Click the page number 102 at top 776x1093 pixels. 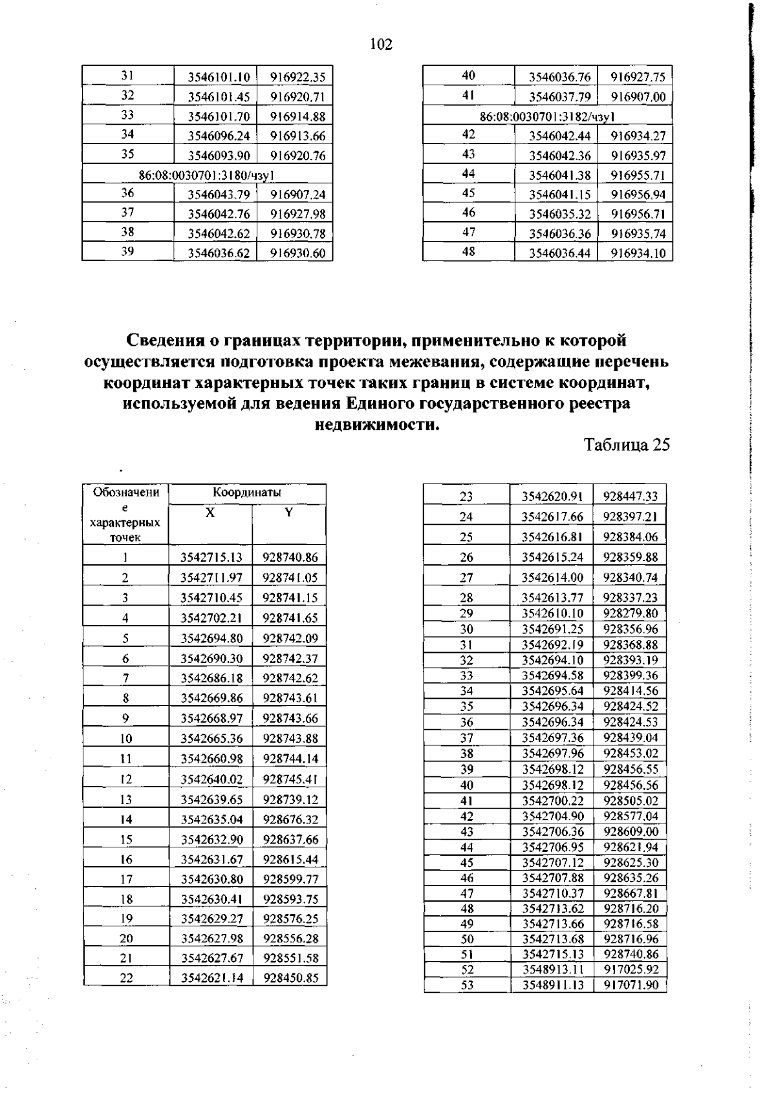(x=381, y=45)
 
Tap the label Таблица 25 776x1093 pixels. (x=627, y=445)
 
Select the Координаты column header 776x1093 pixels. (x=247, y=493)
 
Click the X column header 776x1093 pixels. (x=210, y=513)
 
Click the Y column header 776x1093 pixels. (x=289, y=513)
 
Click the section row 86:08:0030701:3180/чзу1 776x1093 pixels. (x=207, y=175)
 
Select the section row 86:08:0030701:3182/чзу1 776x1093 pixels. (x=547, y=116)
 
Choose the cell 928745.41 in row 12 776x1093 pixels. (x=290, y=780)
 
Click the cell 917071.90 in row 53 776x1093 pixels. (x=630, y=985)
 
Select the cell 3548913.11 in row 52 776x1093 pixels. (x=552, y=970)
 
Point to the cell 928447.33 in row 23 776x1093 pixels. (x=630, y=496)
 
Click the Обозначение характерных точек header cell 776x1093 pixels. (x=125, y=514)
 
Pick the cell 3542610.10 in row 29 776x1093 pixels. (x=552, y=613)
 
